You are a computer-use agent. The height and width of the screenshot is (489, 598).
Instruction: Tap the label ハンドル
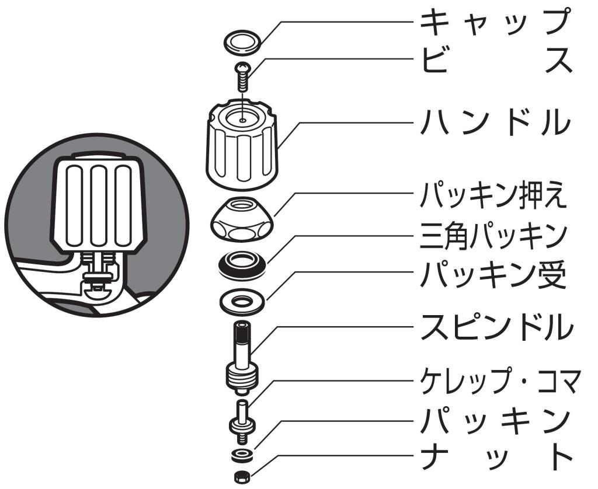pyautogui.click(x=496, y=122)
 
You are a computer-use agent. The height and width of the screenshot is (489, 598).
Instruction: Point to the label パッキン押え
pyautogui.click(x=493, y=195)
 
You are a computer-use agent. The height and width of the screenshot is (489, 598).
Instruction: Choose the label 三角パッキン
pyautogui.click(x=493, y=236)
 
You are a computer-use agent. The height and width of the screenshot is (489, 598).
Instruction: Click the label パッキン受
pyautogui.click(x=493, y=274)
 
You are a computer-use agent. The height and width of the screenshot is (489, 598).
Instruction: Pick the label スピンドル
pyautogui.click(x=497, y=327)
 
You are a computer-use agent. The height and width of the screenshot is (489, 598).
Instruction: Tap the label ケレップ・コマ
pyautogui.click(x=500, y=381)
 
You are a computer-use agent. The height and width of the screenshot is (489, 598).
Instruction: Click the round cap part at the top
pyautogui.click(x=241, y=41)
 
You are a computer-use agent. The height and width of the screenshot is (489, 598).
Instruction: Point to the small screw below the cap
pyautogui.click(x=242, y=76)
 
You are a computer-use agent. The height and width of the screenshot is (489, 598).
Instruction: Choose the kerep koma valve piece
pyautogui.click(x=242, y=421)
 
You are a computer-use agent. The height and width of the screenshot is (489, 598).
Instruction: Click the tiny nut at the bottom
pyautogui.click(x=241, y=476)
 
